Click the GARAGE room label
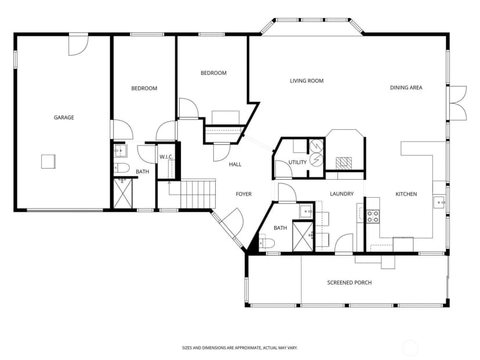(64, 117)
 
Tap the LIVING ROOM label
(307, 81)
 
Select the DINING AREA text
(406, 88)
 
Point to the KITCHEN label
(406, 194)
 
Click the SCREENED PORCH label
(350, 282)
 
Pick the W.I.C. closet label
(166, 157)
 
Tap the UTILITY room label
(297, 162)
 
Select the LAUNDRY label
(341, 194)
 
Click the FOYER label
(243, 194)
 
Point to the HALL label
(235, 165)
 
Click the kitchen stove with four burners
(373, 216)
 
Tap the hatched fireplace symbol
(344, 163)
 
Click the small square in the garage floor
(48, 161)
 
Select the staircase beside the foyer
(198, 194)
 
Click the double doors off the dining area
(457, 103)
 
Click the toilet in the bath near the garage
(122, 168)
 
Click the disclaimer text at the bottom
(239, 348)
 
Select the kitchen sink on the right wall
(439, 203)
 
